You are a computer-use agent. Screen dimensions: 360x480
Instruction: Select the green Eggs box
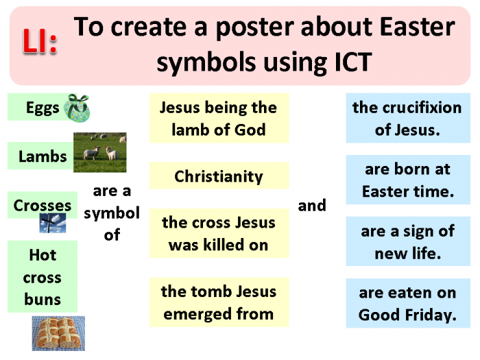38,108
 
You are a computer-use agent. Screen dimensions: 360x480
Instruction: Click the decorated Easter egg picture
76,108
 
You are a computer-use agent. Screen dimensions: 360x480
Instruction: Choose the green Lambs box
41,156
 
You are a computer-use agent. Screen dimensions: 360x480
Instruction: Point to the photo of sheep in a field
99,152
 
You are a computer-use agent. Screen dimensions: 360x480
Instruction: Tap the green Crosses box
42,205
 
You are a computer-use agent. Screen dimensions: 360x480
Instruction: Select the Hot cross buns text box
43,277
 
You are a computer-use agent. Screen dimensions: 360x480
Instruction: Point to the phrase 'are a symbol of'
112,213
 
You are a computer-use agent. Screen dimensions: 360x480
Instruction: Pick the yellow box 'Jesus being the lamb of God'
218,119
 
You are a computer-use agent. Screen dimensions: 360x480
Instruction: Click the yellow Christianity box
218,176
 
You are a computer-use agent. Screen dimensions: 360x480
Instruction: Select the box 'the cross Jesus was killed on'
218,233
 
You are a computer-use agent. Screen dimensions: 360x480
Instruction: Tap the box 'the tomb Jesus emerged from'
218,302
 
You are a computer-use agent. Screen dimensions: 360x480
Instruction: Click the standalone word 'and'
312,206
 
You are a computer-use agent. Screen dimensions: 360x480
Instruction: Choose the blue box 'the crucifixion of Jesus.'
407,119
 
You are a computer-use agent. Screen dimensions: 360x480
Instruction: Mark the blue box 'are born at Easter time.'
407,180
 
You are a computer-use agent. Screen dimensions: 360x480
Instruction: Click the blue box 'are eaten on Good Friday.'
407,304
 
